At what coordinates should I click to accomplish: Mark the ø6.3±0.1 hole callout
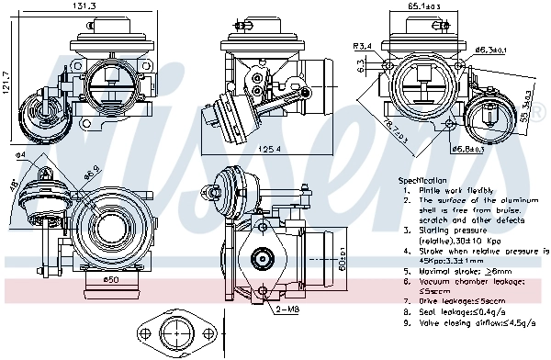491,50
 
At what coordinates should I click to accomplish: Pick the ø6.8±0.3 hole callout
467,149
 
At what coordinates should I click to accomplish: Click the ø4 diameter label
19,156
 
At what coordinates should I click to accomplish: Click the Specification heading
422,181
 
